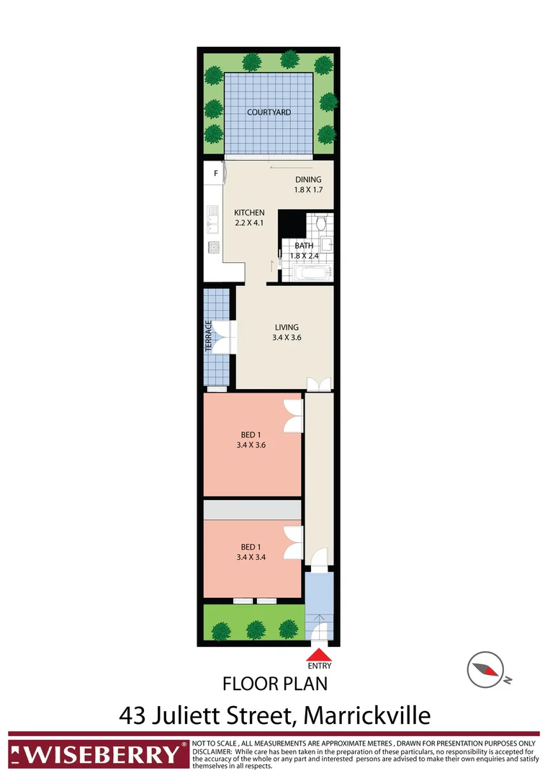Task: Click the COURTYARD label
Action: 269,112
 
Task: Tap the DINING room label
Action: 309,180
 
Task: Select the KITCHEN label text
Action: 250,213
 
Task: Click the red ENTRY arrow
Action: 319,655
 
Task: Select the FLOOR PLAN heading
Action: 275,683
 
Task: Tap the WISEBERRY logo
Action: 95,754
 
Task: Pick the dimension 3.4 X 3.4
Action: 251,555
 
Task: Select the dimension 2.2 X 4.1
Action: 250,223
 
